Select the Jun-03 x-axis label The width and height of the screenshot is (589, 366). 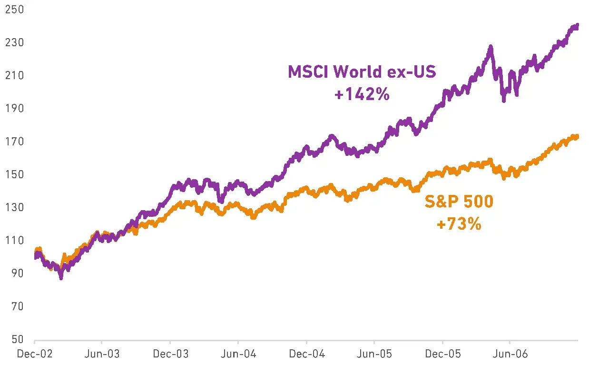(101, 355)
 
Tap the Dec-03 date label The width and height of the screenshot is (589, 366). (170, 355)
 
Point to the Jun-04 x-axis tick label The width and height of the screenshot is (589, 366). (238, 355)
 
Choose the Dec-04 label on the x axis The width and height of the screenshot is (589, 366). (306, 355)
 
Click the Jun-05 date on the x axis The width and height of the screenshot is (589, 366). (374, 355)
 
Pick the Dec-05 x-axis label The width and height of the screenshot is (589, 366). (442, 355)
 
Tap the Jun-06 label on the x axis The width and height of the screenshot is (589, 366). (510, 355)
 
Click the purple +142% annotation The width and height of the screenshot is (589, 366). (362, 94)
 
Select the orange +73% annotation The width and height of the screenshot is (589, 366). (459, 224)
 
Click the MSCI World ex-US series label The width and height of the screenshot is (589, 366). (362, 72)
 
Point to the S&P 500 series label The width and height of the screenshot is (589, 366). (459, 202)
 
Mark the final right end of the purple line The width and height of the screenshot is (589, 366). (577, 25)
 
